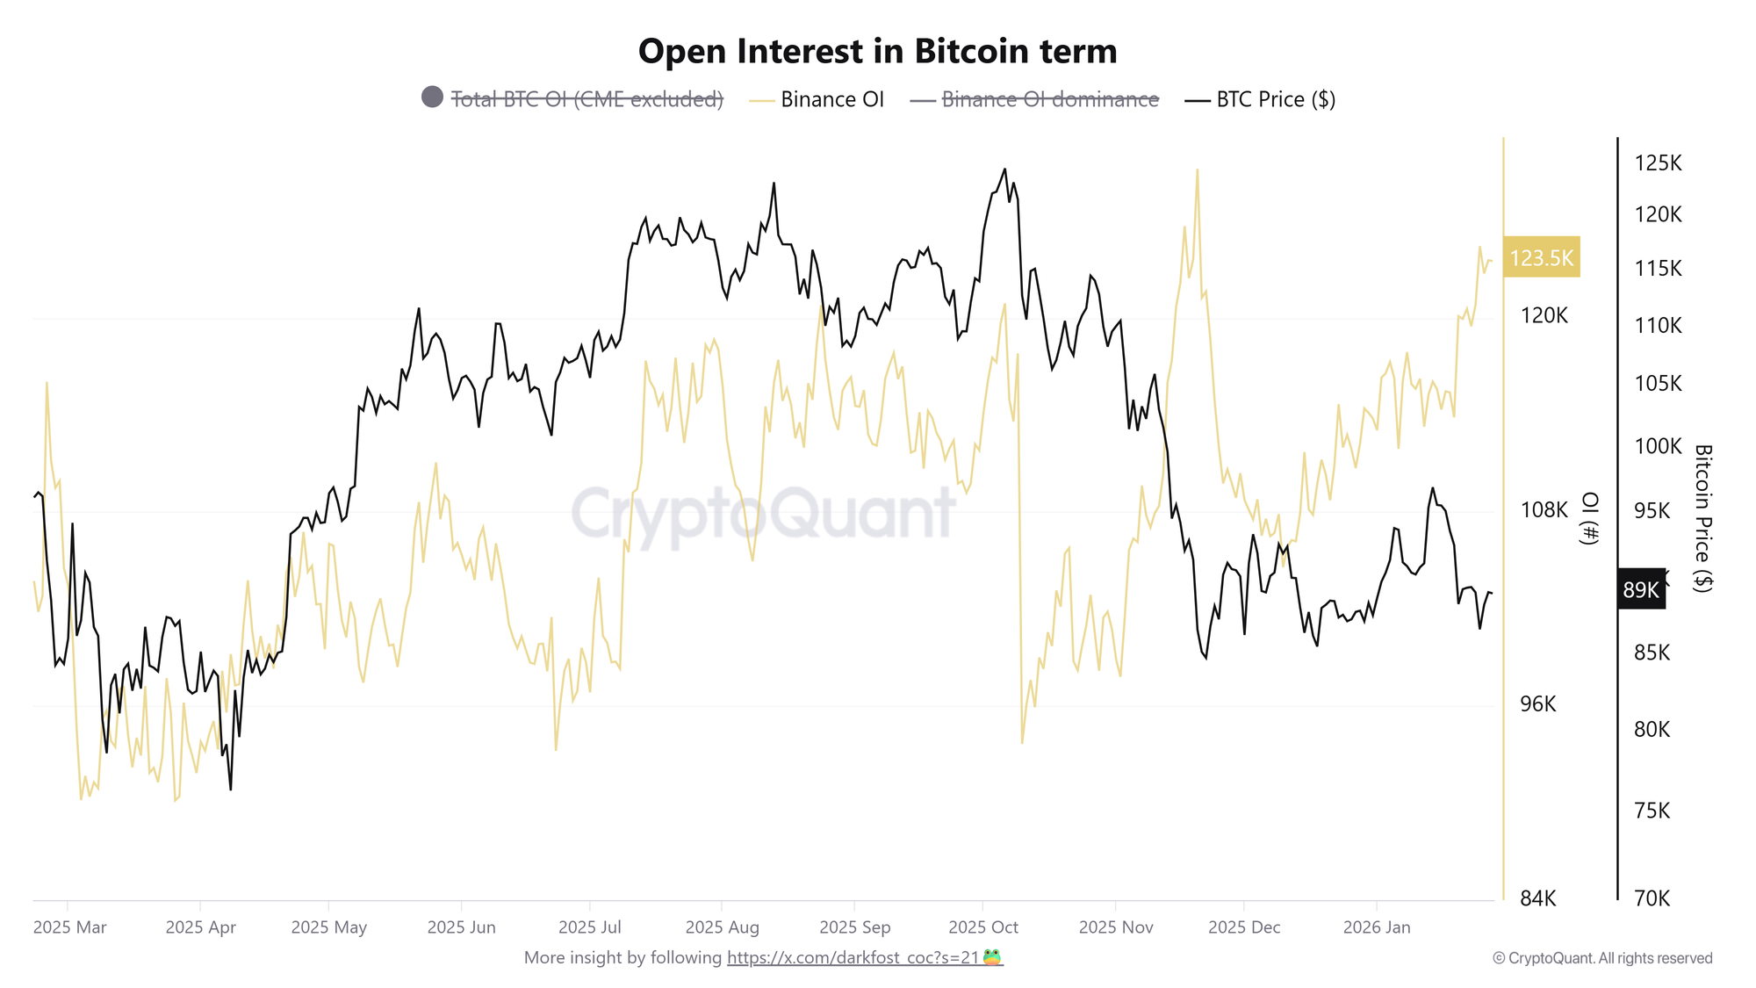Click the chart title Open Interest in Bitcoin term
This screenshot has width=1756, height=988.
tap(877, 51)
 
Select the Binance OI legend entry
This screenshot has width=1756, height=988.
tap(831, 99)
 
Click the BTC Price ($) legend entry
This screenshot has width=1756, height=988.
tap(1275, 99)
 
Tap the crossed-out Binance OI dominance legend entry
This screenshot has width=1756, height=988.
tap(1049, 99)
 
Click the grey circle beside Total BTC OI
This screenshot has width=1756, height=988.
tap(432, 97)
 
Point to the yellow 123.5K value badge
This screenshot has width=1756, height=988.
tap(1541, 257)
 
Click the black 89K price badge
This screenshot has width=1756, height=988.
tap(1640, 589)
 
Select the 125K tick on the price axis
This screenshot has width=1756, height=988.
tap(1658, 162)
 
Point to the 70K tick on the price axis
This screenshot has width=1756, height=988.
tap(1652, 898)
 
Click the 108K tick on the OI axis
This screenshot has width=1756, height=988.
tap(1543, 509)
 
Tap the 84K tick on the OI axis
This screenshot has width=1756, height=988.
tap(1537, 898)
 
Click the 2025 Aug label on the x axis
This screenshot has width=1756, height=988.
tap(722, 927)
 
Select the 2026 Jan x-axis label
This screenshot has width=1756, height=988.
tap(1376, 927)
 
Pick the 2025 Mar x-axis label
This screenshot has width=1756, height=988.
tap(69, 927)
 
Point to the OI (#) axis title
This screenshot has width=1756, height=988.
tap(1588, 518)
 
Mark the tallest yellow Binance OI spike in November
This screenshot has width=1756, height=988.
tap(1197, 170)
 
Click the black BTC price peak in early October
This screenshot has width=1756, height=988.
tap(1004, 169)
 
